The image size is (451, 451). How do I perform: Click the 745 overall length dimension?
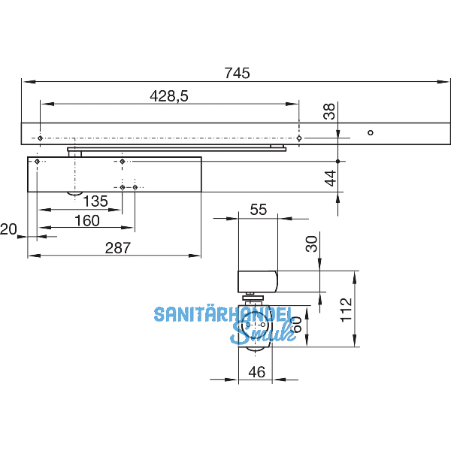[237, 73]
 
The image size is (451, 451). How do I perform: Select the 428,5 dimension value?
[168, 96]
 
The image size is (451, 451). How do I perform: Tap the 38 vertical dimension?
[328, 111]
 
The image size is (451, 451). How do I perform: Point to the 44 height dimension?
[328, 178]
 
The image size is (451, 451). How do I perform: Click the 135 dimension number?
[95, 201]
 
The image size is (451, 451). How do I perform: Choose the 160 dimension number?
[87, 221]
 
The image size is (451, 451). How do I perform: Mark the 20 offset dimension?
[8, 229]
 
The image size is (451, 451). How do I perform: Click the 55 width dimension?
[258, 210]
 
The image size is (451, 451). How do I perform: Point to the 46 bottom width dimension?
[256, 371]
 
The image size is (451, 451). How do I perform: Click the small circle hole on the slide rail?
[369, 133]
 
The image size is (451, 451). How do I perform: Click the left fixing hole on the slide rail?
[39, 138]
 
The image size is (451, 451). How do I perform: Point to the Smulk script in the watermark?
[263, 332]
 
